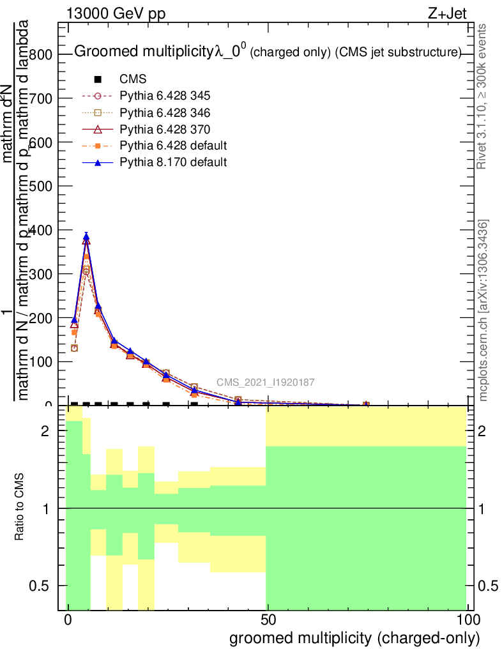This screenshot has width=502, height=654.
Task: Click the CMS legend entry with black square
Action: [133, 80]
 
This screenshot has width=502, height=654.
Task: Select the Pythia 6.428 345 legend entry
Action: [165, 96]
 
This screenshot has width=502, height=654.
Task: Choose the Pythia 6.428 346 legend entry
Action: [165, 113]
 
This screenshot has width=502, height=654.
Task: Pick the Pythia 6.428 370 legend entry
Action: [165, 130]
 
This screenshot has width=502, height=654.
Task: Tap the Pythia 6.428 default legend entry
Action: [173, 146]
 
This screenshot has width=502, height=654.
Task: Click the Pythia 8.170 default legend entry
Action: [173, 162]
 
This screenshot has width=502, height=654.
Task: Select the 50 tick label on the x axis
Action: [267, 620]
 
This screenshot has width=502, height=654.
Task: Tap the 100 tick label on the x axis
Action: [466, 620]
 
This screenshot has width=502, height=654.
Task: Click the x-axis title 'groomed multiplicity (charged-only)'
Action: [354, 638]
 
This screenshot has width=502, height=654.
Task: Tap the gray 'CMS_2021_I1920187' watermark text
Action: [265, 383]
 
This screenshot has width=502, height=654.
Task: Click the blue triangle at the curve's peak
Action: [86, 236]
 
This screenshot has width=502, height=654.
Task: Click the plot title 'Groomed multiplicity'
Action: [144, 53]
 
